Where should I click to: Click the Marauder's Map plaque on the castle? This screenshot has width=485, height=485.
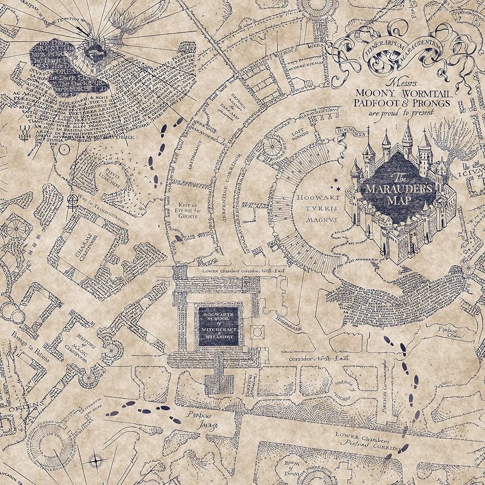coord(398,187)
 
